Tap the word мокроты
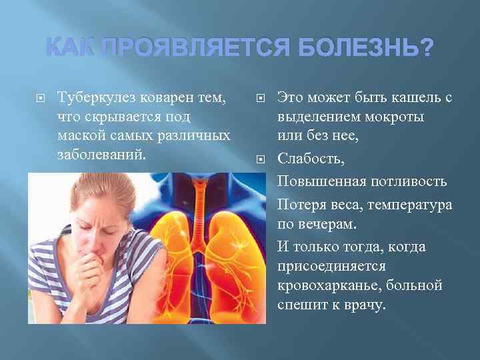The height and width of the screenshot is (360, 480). [x=393, y=116]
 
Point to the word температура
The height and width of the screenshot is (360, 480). [x=412, y=204]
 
